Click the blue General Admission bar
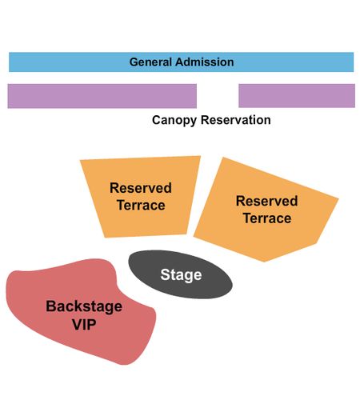(182, 62)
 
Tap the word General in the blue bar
(150, 62)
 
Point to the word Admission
(204, 62)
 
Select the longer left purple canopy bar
(102, 96)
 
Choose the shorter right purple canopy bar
(297, 96)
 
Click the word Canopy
(174, 120)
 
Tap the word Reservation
(236, 120)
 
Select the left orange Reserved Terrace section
(142, 197)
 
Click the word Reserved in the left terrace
(141, 188)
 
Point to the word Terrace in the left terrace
(141, 205)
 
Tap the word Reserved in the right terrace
(267, 201)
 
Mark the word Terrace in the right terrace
(267, 218)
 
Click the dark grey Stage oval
(180, 274)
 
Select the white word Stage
(181, 274)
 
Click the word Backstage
(84, 306)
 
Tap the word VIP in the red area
(84, 324)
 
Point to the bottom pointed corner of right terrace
(264, 262)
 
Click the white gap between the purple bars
(218, 96)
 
